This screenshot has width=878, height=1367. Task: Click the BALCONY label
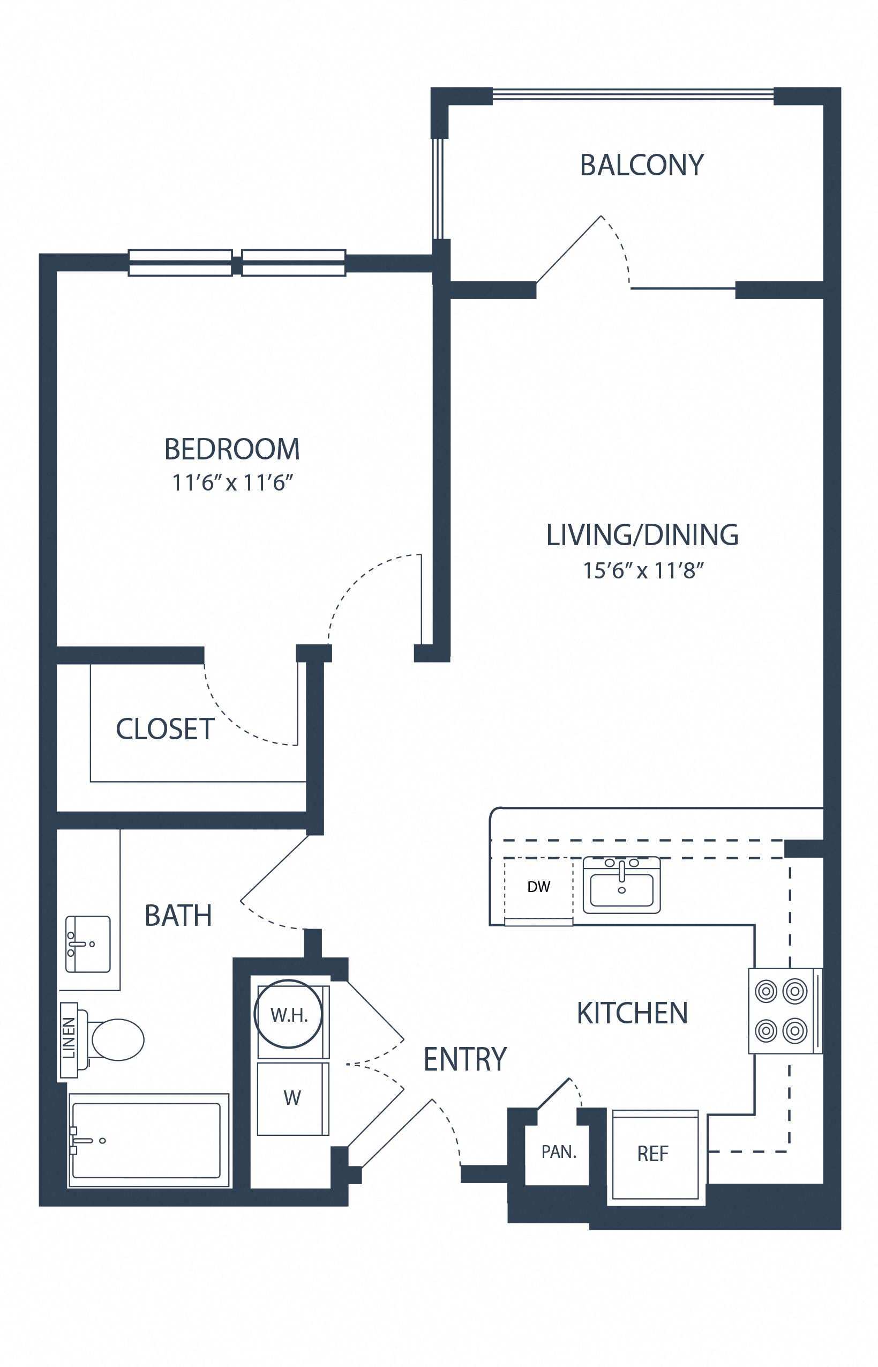point(641,166)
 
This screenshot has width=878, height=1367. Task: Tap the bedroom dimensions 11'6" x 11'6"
point(232,482)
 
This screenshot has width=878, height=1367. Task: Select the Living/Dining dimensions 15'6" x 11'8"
point(642,570)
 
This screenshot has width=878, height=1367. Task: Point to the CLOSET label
point(165,729)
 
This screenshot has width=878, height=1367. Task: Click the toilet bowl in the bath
point(117,1039)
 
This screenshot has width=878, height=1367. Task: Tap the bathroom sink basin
point(88,944)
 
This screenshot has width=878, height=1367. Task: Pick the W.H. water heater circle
point(288,1014)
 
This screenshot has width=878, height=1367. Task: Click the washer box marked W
point(292,1098)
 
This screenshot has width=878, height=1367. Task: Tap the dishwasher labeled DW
point(538,887)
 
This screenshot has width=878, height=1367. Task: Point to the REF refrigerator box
point(654,1154)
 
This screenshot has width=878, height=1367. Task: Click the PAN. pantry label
point(558,1152)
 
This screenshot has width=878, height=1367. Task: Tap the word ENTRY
point(464,1059)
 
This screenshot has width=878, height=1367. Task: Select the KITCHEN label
point(632,1014)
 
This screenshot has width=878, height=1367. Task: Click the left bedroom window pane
point(180,263)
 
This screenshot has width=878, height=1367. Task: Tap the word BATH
point(178,916)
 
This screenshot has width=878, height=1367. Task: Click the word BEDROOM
point(232,449)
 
